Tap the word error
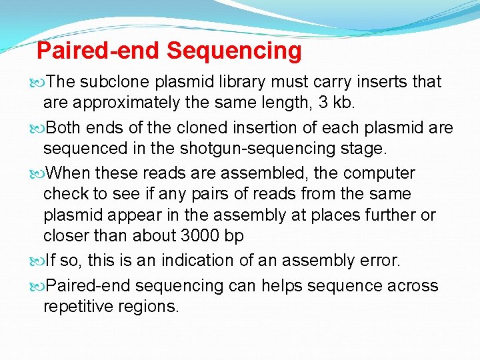(347, 261)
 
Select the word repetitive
(83, 307)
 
